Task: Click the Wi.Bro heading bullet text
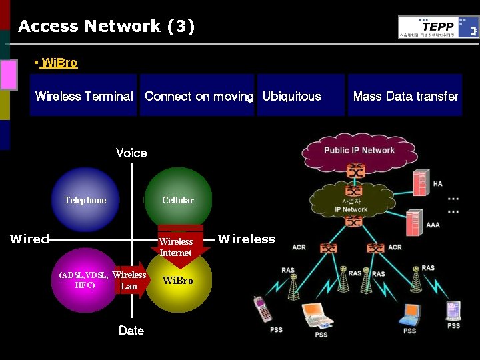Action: coord(59,63)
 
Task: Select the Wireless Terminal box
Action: coord(83,95)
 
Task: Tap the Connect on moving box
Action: coord(198,95)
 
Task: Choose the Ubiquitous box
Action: coord(301,95)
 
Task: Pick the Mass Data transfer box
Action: coord(405,95)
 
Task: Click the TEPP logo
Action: coord(438,27)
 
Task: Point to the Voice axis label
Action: coord(131,153)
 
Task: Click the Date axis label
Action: coord(131,330)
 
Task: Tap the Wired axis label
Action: coord(29,239)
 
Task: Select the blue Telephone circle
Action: coord(85,200)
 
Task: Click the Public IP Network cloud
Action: coord(359,151)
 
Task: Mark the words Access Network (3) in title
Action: coord(106,27)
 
